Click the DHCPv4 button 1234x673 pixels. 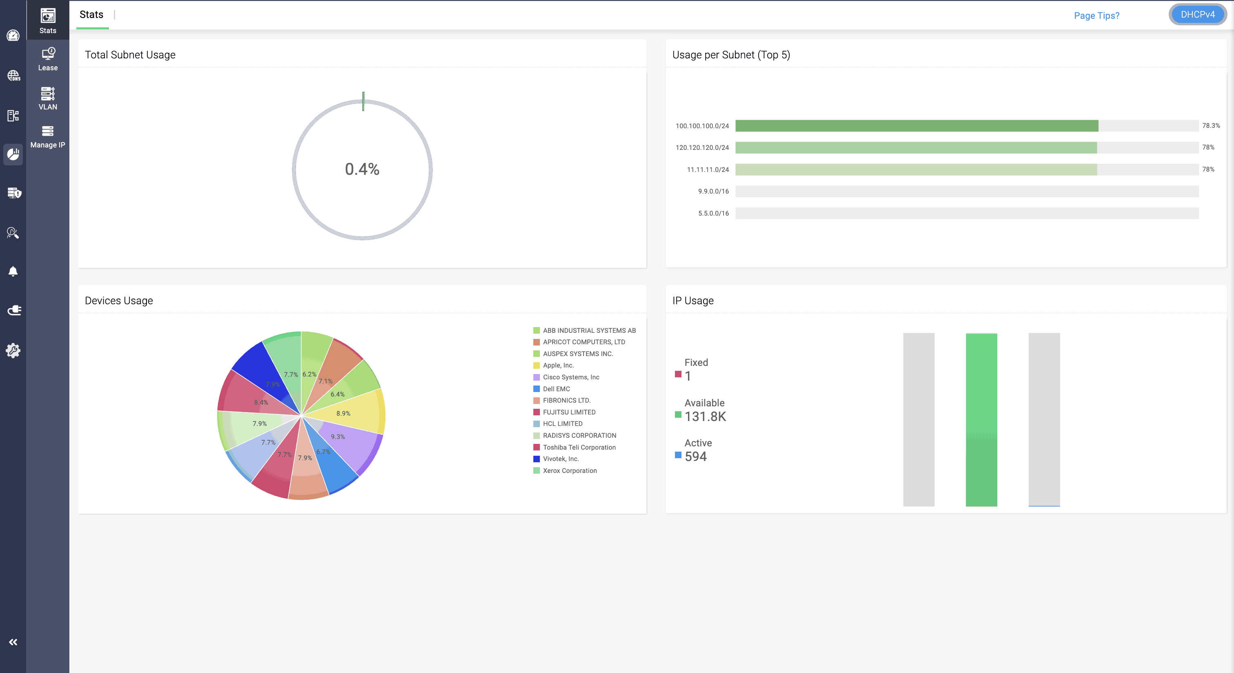pyautogui.click(x=1197, y=15)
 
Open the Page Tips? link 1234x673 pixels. pyautogui.click(x=1096, y=16)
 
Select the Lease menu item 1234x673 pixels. pyautogui.click(x=48, y=60)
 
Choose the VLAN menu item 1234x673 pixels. pyautogui.click(x=48, y=98)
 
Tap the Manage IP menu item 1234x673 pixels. pyautogui.click(x=48, y=137)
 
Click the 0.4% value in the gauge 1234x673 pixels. pyautogui.click(x=362, y=169)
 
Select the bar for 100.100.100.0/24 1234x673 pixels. pyautogui.click(x=917, y=126)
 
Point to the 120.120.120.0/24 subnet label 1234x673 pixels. pyautogui.click(x=702, y=148)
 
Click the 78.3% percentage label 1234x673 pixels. pyautogui.click(x=1210, y=126)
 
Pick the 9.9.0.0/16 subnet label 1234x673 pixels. pyautogui.click(x=713, y=191)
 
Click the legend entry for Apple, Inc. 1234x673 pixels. pyautogui.click(x=558, y=365)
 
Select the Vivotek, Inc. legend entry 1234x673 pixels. pyautogui.click(x=560, y=459)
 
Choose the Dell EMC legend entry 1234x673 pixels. pyautogui.click(x=556, y=389)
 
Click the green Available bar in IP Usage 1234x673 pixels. pyautogui.click(x=981, y=419)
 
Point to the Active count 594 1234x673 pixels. pyautogui.click(x=696, y=456)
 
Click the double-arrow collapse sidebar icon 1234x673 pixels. pyautogui.click(x=13, y=642)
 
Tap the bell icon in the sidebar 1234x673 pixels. pyautogui.click(x=13, y=271)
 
